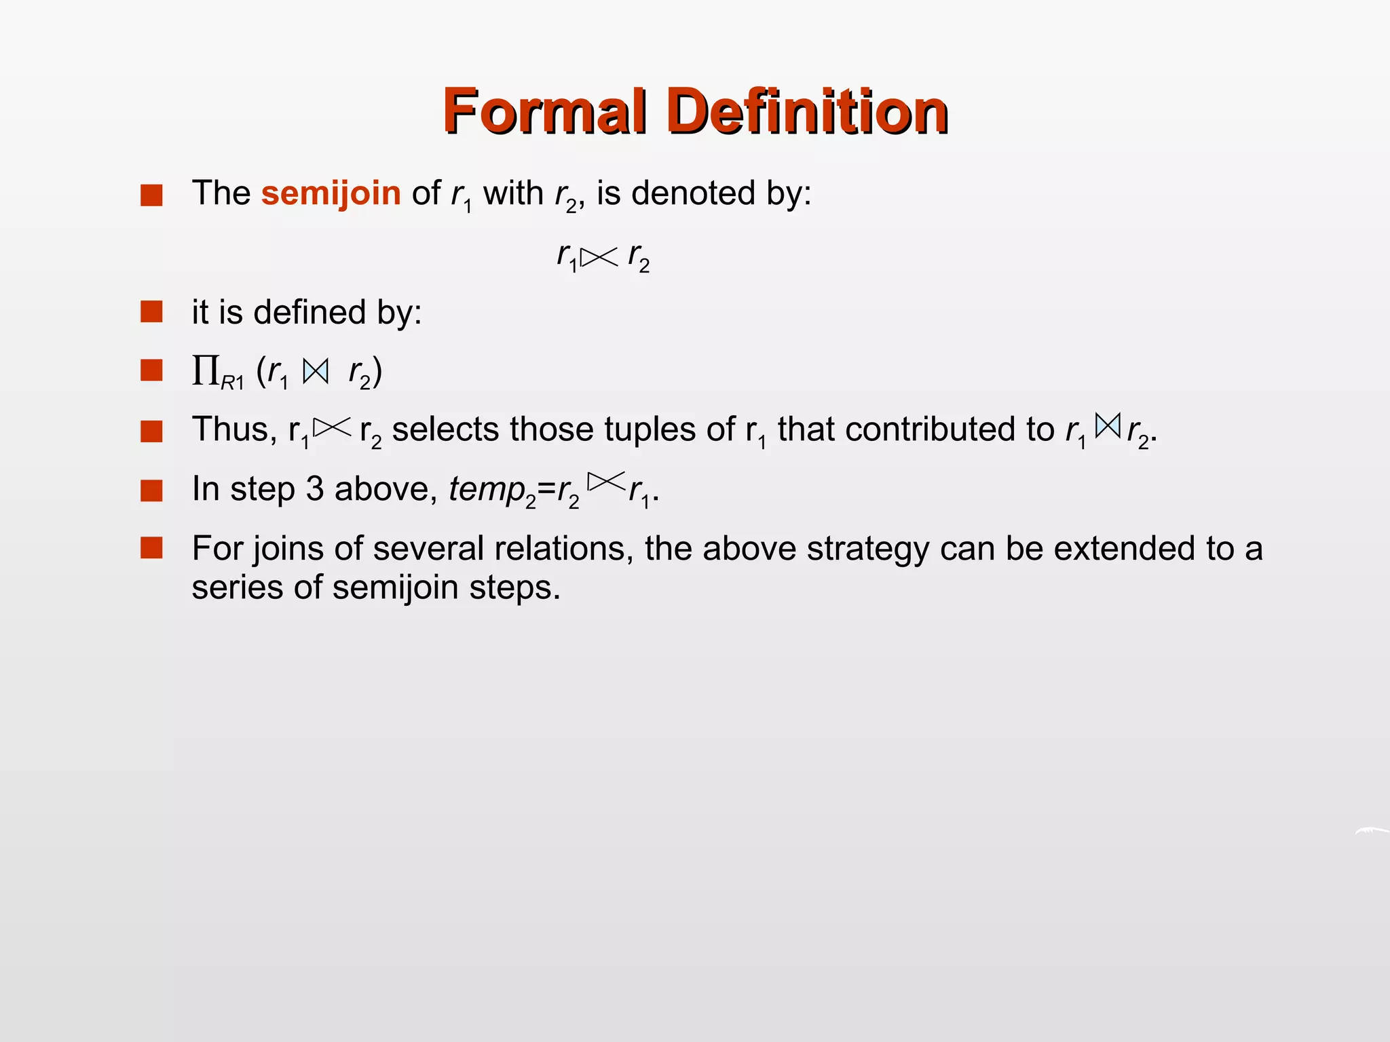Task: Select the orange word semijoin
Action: [x=331, y=193]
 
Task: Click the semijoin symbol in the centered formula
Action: [x=599, y=257]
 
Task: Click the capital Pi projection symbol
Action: [x=205, y=370]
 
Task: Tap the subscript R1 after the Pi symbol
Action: [x=232, y=383]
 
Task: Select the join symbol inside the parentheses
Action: [x=316, y=371]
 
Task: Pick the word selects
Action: [x=445, y=430]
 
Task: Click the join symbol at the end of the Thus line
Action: [x=1107, y=426]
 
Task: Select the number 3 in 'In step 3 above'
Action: [x=314, y=489]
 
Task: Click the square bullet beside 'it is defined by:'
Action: [x=151, y=312]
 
